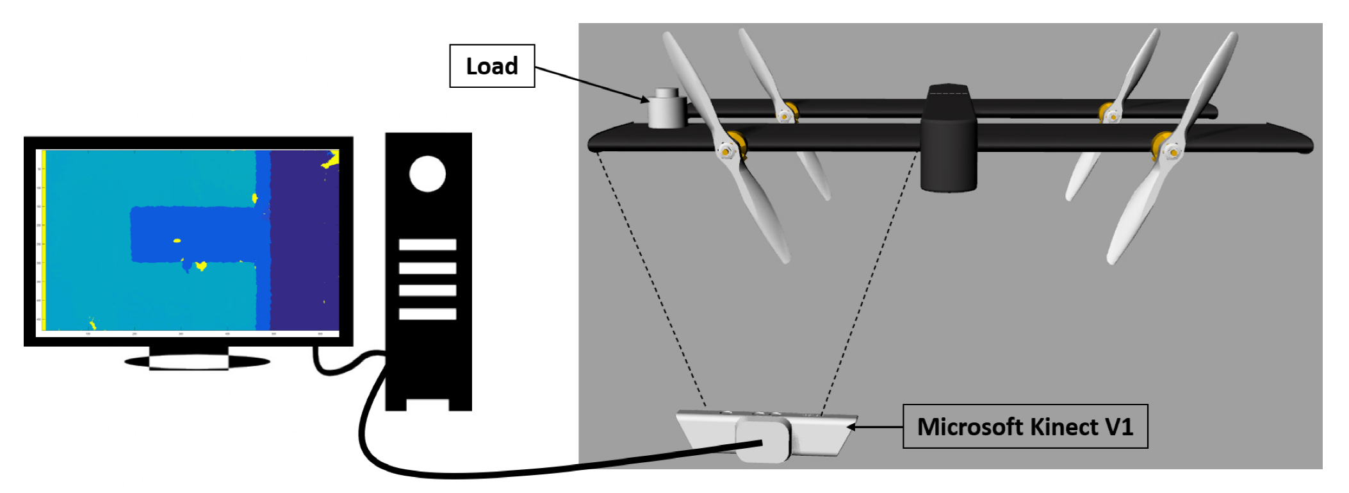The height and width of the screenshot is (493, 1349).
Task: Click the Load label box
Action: pos(491,66)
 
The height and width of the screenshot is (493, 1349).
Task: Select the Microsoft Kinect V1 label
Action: pos(1024,426)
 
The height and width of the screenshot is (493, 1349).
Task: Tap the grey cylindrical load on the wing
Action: pos(666,110)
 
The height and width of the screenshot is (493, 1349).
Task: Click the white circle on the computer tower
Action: pos(427,174)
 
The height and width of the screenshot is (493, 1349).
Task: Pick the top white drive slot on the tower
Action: pos(427,244)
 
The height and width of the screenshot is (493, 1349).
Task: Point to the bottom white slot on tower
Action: pos(427,313)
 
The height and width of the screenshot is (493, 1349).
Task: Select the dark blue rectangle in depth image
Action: pos(192,234)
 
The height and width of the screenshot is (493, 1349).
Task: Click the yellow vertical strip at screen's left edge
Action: pos(44,240)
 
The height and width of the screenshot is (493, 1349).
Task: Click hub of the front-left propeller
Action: pos(726,151)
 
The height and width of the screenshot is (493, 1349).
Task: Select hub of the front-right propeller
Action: pos(1172,152)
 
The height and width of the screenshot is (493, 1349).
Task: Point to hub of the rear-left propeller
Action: pos(784,116)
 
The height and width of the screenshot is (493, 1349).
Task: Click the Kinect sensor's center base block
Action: pos(764,439)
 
